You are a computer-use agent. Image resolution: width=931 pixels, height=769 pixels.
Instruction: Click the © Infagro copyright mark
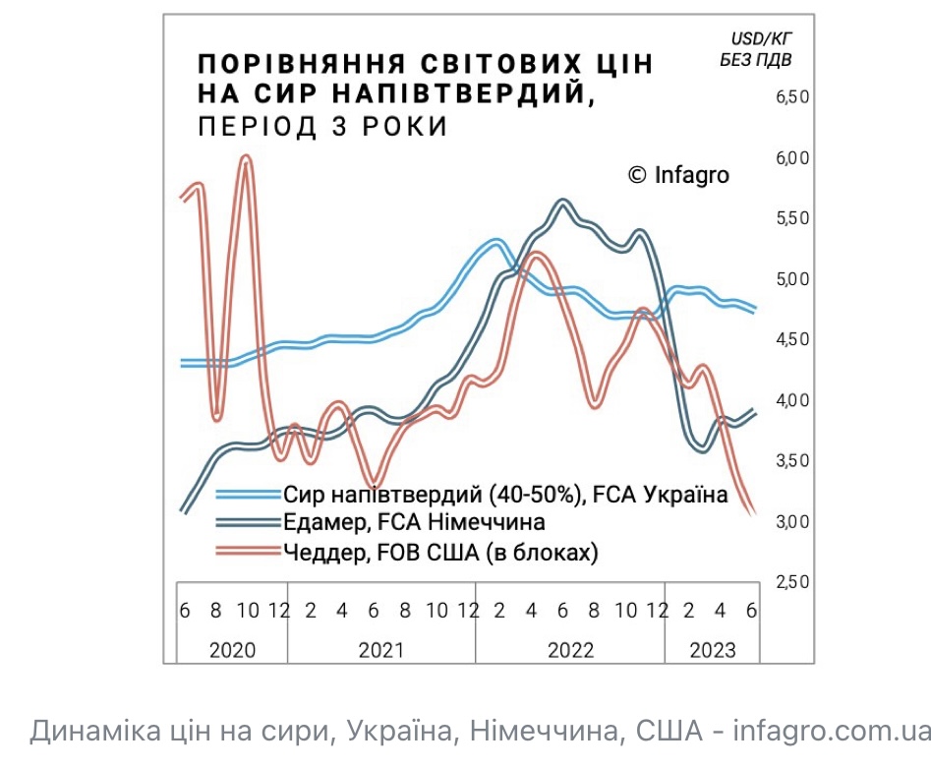coord(678,175)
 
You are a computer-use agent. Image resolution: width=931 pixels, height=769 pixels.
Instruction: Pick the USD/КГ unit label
coord(762,38)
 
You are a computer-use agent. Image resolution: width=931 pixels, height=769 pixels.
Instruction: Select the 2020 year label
coord(232,650)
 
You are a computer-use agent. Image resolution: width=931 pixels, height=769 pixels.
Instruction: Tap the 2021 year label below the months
coord(381,650)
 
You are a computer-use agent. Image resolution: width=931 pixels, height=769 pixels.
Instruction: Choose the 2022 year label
coord(570,650)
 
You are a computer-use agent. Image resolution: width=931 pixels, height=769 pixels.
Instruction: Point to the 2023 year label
coord(712,650)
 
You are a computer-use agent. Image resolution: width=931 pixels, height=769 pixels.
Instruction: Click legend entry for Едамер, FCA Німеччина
coord(414,522)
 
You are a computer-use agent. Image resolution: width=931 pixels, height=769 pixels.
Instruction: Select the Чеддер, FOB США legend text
coord(440,553)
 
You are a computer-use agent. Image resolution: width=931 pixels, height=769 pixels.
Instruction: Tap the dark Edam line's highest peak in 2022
coord(562,202)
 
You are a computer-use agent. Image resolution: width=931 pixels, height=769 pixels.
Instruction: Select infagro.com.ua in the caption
coord(832,732)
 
